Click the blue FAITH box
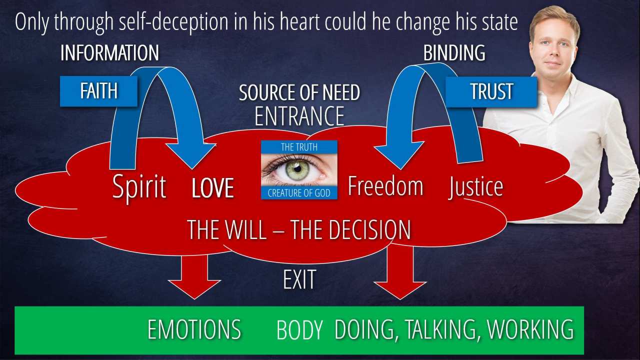click(98, 91)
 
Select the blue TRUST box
click(491, 91)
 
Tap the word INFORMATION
click(109, 52)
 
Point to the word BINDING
click(454, 52)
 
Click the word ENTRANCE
click(299, 115)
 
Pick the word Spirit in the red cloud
click(139, 187)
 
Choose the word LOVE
click(213, 187)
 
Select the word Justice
click(475, 187)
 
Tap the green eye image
click(299, 170)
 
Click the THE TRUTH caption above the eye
click(299, 147)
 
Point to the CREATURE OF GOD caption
click(299, 193)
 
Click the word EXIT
click(299, 279)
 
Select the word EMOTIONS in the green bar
click(194, 329)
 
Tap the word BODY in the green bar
click(299, 329)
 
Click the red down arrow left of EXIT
click(194, 275)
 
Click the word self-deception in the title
click(173, 22)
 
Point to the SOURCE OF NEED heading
click(299, 92)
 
